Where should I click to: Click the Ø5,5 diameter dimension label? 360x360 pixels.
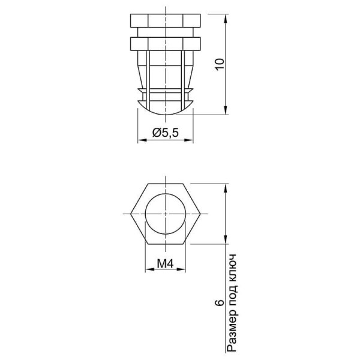click(x=166, y=133)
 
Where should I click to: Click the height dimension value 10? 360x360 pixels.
click(x=220, y=65)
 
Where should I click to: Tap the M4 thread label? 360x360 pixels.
click(x=165, y=263)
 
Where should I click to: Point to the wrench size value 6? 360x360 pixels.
click(x=220, y=303)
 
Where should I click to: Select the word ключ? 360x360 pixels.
click(x=232, y=267)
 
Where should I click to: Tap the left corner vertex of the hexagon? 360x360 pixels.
click(x=131, y=214)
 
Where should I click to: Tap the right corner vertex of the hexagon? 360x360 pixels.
click(x=200, y=214)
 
